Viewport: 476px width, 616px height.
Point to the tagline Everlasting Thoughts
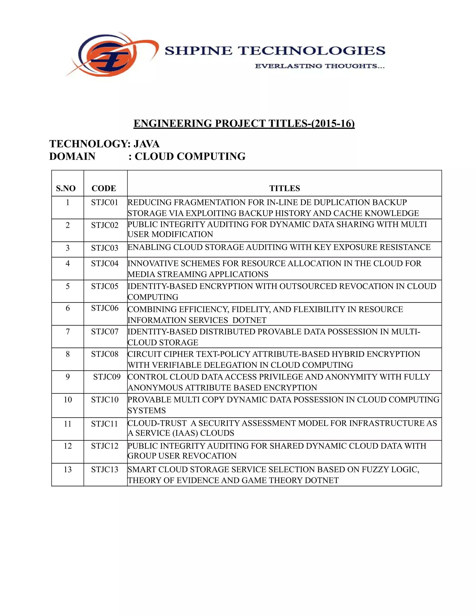tap(320, 66)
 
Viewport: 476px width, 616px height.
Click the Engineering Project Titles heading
tap(244, 123)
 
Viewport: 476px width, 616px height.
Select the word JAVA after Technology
tap(146, 144)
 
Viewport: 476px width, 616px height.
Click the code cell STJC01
tap(105, 202)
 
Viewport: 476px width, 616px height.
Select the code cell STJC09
tap(107, 377)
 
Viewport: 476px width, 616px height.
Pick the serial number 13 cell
tap(68, 470)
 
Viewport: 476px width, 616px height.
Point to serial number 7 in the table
tap(68, 331)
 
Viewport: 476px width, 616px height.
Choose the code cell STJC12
tap(105, 446)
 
